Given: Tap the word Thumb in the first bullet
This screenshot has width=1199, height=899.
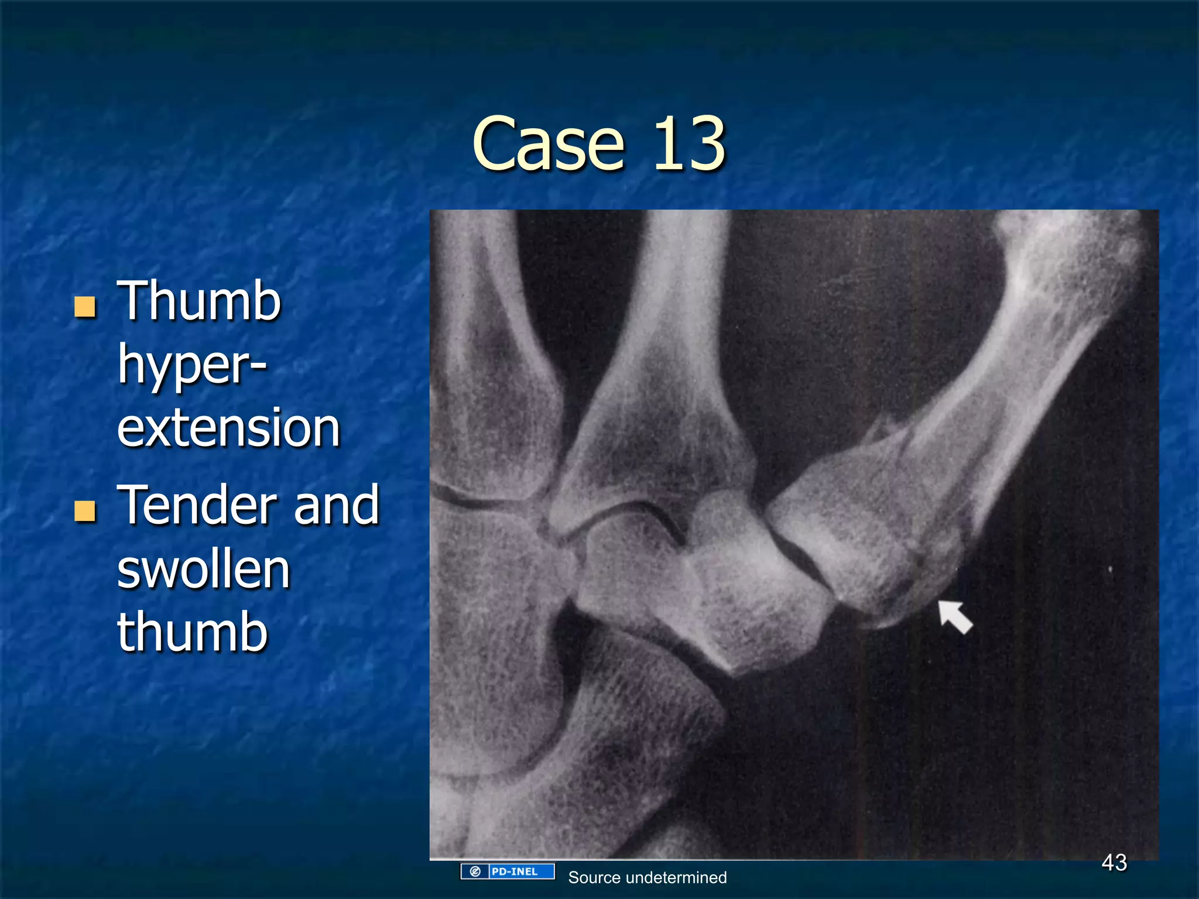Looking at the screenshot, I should [x=199, y=301].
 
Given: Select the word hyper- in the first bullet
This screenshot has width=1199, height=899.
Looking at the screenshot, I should [x=192, y=366].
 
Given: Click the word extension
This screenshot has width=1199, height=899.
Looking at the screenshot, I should [x=228, y=428].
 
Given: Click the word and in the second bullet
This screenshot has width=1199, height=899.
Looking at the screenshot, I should [x=337, y=505].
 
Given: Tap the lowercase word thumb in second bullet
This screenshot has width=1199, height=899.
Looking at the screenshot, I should [x=192, y=632].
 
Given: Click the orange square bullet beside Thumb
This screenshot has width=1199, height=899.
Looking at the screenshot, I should [x=85, y=306].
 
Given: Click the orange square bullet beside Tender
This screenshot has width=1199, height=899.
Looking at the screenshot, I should [x=85, y=510].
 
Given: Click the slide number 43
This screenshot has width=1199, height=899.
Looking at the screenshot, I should [x=1114, y=862].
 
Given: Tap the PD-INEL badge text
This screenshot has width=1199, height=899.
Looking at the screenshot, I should [x=515, y=871].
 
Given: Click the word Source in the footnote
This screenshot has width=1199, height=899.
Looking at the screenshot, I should [x=594, y=877].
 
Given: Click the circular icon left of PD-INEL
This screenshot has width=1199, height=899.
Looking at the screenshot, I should [x=475, y=871].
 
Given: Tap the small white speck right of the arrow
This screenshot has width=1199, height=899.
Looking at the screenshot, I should [x=1110, y=569].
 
